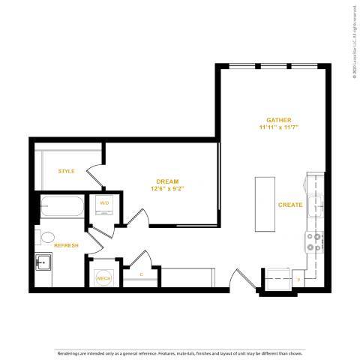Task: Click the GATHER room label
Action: [278, 119]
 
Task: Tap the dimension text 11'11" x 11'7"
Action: [278, 127]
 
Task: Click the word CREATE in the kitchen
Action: [290, 205]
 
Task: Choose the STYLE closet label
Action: [67, 171]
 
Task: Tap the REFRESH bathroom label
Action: [66, 245]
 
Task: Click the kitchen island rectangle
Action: [265, 205]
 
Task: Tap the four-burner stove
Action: [313, 242]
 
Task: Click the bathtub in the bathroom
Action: [61, 207]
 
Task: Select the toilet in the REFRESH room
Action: [46, 238]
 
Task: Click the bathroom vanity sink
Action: [43, 263]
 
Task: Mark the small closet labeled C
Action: [141, 274]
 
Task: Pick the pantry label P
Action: [298, 280]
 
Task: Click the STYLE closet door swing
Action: [94, 178]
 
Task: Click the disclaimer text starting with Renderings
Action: [180, 352]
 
